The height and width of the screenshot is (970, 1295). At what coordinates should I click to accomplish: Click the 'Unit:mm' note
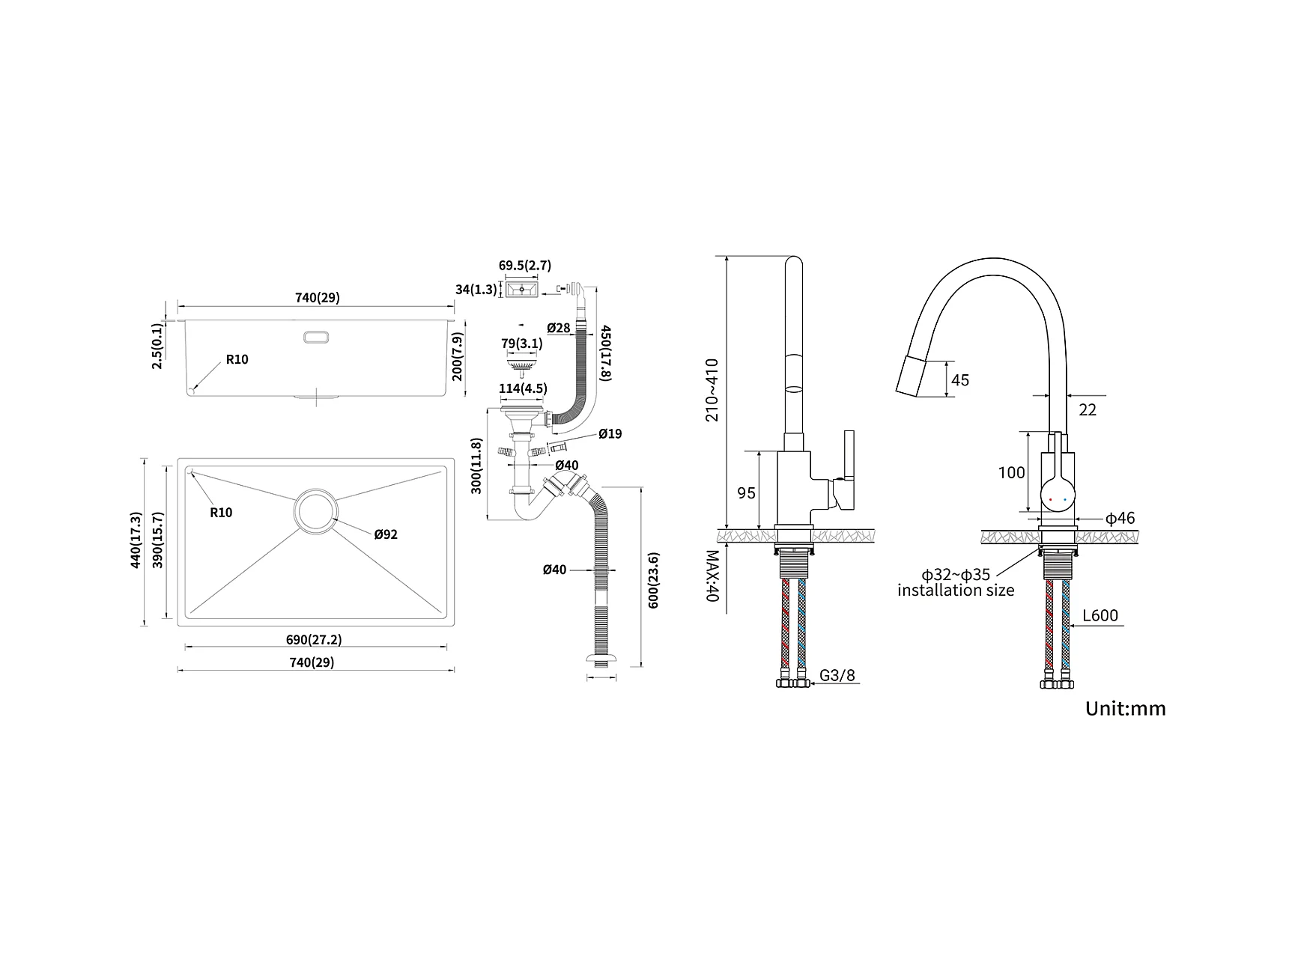(1126, 708)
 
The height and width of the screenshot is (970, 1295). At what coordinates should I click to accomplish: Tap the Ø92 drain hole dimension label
(386, 534)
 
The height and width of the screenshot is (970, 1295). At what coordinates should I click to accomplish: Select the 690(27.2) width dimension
(314, 640)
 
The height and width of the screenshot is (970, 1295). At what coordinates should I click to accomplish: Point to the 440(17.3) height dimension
(136, 540)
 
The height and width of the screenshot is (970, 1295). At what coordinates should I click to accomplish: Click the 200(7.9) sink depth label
(458, 356)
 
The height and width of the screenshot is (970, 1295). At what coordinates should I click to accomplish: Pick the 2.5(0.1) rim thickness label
(157, 346)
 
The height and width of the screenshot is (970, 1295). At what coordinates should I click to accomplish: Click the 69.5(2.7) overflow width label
(525, 265)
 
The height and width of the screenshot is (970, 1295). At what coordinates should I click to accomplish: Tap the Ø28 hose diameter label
(559, 328)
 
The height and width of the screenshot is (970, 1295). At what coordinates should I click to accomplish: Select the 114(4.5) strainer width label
(524, 388)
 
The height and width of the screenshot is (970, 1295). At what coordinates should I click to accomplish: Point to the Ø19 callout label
(610, 434)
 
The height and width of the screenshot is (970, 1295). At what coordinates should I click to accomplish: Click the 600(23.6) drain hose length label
(654, 580)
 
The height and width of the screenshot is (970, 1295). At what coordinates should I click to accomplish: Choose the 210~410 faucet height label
(712, 391)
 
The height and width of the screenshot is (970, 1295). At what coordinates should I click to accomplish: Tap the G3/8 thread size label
(837, 675)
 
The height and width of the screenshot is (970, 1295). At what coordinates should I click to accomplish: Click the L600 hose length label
(1100, 615)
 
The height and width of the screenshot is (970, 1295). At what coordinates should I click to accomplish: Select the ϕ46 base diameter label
(1120, 518)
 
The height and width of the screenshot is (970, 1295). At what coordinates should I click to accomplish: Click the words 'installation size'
(956, 591)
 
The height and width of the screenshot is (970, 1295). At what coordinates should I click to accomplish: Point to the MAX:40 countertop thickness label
(712, 577)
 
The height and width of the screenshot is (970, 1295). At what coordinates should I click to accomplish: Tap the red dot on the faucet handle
(1051, 499)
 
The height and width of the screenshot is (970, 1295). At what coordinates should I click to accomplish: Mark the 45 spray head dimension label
(959, 380)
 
